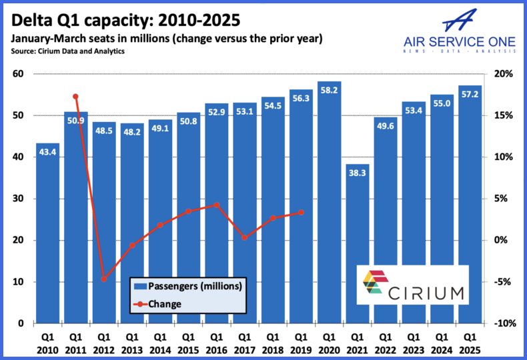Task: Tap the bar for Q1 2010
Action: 47,233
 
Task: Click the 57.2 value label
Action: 470,93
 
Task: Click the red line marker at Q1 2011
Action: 75,97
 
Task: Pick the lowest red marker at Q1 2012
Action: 104,279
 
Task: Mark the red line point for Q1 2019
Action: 301,212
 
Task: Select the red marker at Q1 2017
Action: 245,237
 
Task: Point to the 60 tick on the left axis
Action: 18,74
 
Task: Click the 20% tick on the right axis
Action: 503,74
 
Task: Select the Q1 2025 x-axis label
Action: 470,343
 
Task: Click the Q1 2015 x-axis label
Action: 189,343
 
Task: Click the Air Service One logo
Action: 460,30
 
